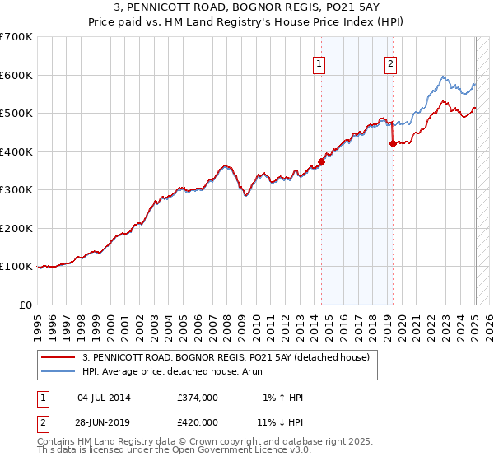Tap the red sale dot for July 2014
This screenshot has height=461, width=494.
click(x=322, y=161)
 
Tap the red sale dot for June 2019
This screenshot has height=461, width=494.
click(x=393, y=144)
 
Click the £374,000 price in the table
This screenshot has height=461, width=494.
click(x=198, y=398)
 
